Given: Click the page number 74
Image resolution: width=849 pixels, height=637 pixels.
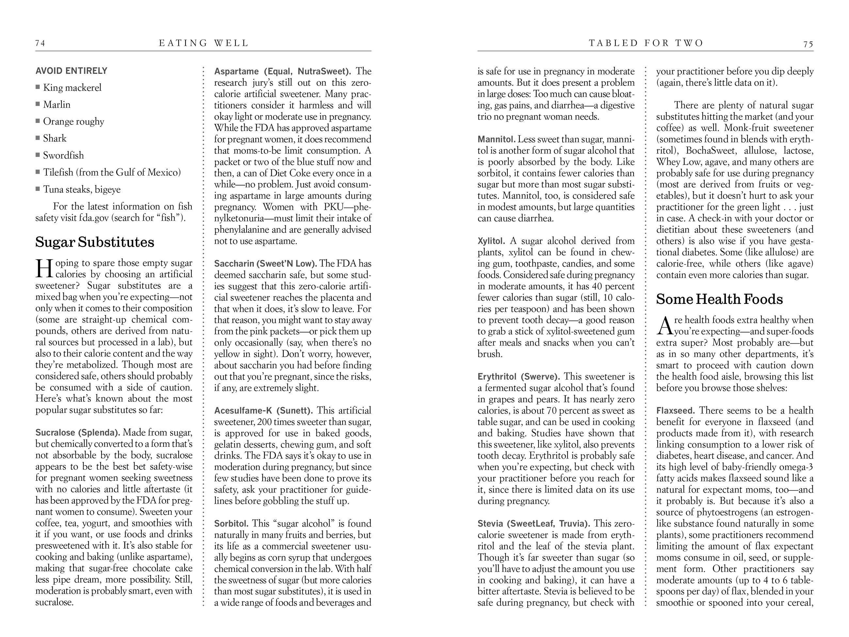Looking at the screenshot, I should click(40, 43).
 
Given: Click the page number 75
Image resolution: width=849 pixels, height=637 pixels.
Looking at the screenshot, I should click(808, 44).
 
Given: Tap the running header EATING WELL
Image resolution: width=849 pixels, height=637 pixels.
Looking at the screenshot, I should click(204, 43).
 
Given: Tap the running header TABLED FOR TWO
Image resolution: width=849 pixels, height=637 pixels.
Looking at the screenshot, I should click(646, 43).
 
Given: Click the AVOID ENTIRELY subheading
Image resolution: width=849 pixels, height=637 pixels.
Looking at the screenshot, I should click(72, 71).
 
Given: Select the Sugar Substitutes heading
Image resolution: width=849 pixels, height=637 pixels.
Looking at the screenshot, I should click(95, 242).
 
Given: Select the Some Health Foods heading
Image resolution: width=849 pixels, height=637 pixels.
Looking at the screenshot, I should click(719, 299).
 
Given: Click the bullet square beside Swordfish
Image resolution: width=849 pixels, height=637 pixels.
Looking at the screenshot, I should click(38, 155).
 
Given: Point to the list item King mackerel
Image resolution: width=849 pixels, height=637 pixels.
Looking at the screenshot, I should click(72, 88).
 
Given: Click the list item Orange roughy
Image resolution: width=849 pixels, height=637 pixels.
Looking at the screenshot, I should click(73, 121).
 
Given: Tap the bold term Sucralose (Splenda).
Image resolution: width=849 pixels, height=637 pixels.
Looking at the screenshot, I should click(77, 433).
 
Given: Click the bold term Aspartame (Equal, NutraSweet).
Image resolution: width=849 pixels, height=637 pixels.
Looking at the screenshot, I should click(282, 71).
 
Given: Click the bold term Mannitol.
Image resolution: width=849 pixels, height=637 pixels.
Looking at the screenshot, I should click(496, 139).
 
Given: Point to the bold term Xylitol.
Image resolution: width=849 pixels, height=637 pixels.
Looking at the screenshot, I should click(491, 241).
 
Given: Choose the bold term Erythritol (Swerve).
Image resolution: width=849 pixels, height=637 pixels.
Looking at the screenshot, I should click(519, 376).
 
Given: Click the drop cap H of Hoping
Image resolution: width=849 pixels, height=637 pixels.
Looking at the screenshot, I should click(44, 269).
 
